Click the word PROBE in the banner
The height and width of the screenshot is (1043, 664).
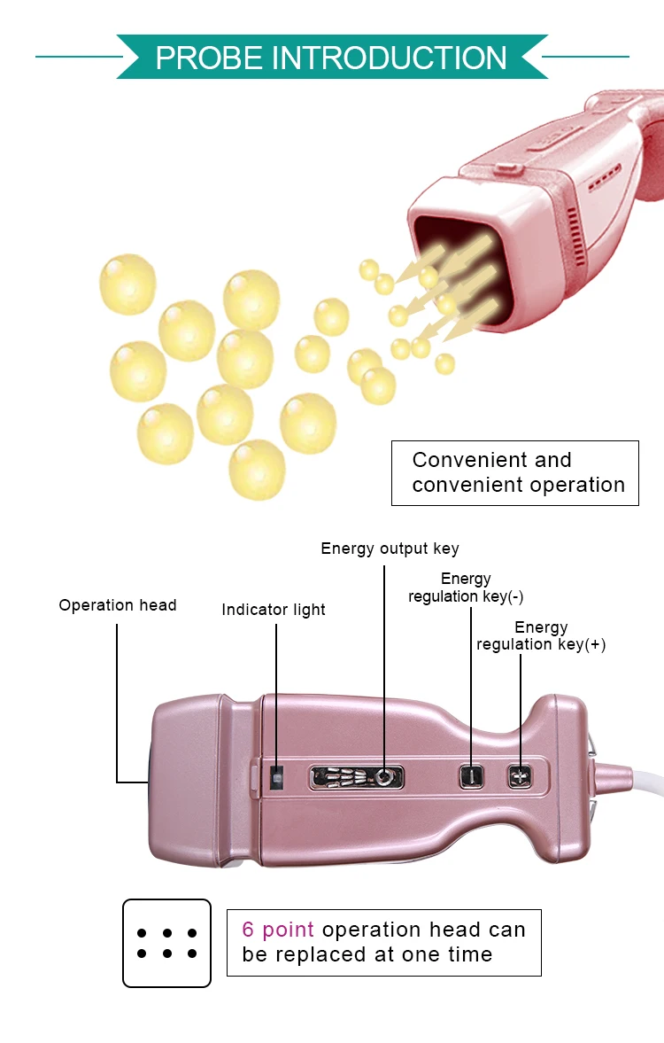tap(208, 58)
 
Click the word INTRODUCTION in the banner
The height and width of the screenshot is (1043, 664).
tap(390, 58)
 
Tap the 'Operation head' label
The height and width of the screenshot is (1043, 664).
tap(118, 605)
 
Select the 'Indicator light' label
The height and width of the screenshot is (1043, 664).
tap(274, 610)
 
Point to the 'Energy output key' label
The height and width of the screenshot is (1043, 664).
tap(390, 549)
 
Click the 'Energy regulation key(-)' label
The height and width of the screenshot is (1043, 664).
tap(466, 588)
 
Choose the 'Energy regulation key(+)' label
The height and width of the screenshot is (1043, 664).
tap(541, 636)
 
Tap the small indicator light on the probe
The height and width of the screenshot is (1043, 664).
tap(275, 777)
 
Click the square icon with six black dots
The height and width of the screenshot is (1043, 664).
tap(166, 943)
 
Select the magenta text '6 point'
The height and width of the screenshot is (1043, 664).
tap(278, 930)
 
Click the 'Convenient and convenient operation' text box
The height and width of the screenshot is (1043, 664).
tap(514, 473)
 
